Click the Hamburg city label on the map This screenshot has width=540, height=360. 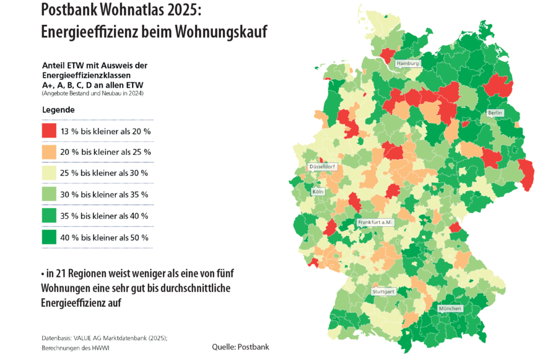click(x=408, y=63)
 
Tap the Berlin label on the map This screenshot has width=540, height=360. click(x=495, y=113)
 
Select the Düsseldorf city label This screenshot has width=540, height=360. click(x=322, y=167)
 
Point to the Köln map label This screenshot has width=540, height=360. click(x=318, y=192)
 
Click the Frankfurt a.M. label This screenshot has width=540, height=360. click(x=375, y=222)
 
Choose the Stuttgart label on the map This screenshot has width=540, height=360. click(x=383, y=291)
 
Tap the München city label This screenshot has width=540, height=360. click(x=450, y=308)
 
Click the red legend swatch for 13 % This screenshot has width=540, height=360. click(x=49, y=131)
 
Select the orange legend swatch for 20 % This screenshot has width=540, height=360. click(x=49, y=152)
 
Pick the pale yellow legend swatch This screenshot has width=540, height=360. click(x=49, y=173)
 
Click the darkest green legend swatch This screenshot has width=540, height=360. click(x=49, y=237)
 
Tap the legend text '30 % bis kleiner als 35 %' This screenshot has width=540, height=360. click(x=104, y=195)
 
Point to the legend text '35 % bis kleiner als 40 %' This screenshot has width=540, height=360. click(x=104, y=216)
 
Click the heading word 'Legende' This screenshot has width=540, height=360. click(x=58, y=110)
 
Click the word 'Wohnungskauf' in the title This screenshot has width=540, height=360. click(x=217, y=31)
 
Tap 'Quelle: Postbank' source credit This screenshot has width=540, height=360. click(x=240, y=347)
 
